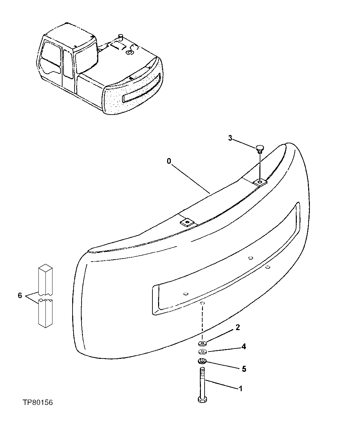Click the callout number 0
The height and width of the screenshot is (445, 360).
point(169,161)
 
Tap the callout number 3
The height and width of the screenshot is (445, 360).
point(230,138)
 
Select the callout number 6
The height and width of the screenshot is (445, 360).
point(20,295)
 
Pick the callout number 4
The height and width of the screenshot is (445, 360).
point(244,347)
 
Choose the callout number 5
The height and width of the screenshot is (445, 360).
point(244,369)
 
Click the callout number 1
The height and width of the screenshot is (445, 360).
point(240,389)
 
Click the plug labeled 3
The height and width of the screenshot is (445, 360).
point(260,148)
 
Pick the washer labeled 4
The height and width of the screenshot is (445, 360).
point(202,352)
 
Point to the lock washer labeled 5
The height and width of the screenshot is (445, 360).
point(202,361)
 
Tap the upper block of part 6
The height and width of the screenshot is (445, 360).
point(45,280)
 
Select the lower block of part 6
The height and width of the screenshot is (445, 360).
point(45,313)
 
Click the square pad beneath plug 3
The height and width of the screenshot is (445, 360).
point(260,182)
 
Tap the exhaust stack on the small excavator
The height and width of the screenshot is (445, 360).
point(121,37)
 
